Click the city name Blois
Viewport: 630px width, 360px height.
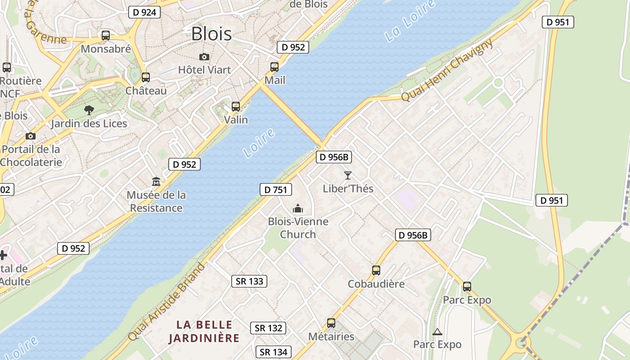click(211, 34)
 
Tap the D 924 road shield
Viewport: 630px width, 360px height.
click(145, 12)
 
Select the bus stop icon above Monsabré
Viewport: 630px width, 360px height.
click(106, 36)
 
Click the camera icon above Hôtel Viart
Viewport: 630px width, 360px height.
click(204, 57)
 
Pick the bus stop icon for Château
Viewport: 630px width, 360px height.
click(145, 77)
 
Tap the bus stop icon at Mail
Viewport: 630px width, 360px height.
click(274, 67)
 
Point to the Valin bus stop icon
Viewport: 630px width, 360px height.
click(236, 107)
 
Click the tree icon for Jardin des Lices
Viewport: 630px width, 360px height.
click(89, 110)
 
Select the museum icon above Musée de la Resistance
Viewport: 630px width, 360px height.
click(156, 181)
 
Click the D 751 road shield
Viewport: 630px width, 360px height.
click(276, 189)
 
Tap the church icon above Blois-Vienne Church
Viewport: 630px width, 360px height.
click(298, 208)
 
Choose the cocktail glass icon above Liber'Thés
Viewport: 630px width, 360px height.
click(347, 175)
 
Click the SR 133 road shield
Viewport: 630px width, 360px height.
click(250, 281)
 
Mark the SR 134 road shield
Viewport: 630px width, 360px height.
click(274, 352)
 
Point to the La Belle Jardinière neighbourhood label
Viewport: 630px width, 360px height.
click(204, 331)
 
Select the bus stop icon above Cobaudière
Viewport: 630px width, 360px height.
click(376, 270)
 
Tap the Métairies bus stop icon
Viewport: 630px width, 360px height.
click(331, 323)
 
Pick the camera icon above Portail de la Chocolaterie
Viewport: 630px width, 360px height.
click(31, 136)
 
